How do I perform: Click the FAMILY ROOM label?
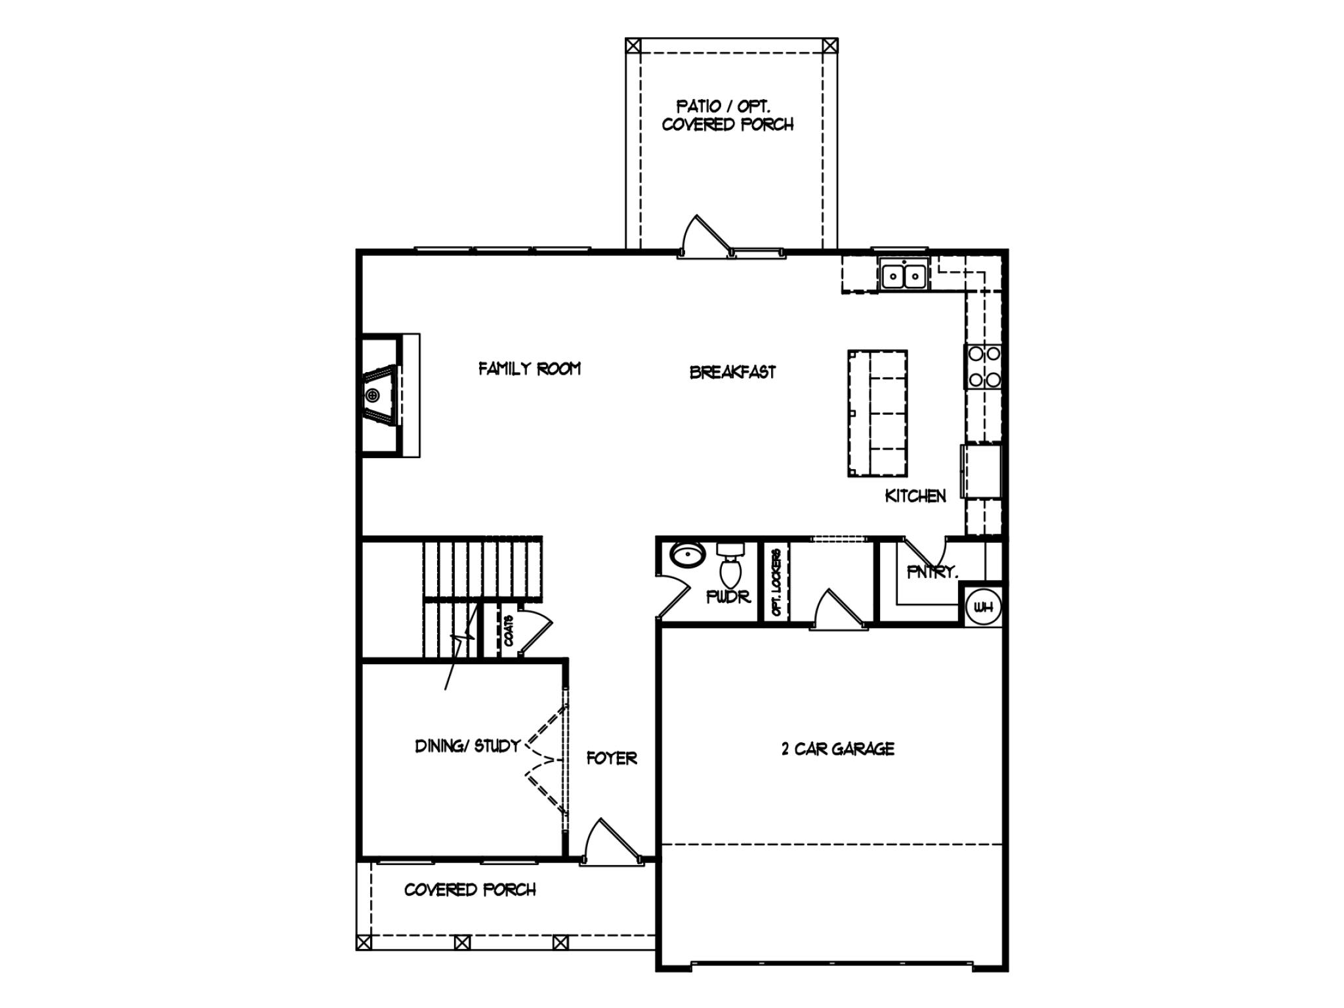tap(529, 369)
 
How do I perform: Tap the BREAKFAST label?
tap(732, 372)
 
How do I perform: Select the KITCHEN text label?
tap(915, 496)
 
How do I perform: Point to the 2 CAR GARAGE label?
tap(837, 749)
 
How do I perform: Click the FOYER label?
tap(612, 758)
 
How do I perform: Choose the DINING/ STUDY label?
tap(467, 746)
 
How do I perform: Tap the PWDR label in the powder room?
tap(728, 597)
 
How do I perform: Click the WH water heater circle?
tap(983, 608)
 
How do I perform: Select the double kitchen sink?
tap(904, 275)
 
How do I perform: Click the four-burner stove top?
tap(984, 367)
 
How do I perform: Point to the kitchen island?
tap(877, 413)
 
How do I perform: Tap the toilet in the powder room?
tap(730, 567)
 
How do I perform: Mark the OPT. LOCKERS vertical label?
tap(776, 582)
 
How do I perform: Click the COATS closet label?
tap(509, 631)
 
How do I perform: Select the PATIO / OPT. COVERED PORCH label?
tap(727, 115)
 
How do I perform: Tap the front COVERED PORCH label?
tap(470, 890)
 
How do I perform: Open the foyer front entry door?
tap(611, 843)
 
